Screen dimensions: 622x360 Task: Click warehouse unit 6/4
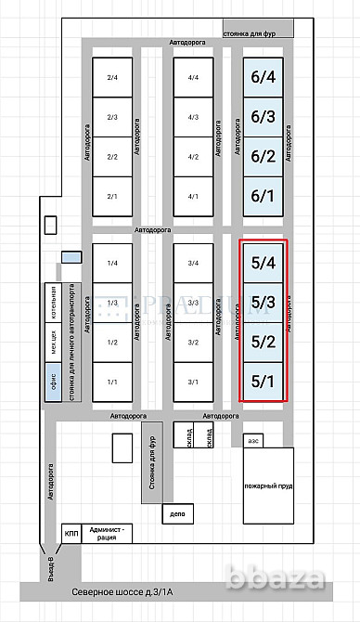263,77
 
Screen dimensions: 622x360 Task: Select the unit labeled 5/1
263,382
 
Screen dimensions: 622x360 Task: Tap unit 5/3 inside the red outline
263,303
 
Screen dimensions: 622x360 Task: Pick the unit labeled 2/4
112,77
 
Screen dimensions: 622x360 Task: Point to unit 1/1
112,382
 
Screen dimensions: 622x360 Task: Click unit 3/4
193,264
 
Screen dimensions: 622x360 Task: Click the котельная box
55,300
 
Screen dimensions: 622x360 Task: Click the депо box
177,512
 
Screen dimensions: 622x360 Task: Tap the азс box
252,442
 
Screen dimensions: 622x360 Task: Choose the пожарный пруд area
268,486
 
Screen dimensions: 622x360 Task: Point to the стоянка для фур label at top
259,31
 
